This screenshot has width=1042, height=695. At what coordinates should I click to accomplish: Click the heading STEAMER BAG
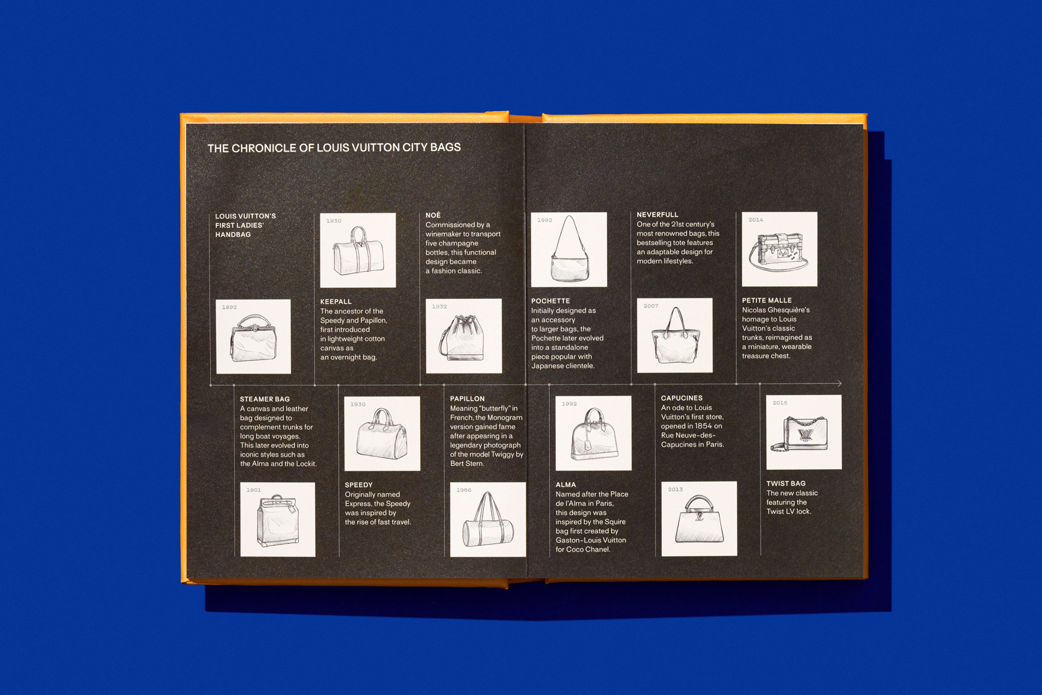(265, 399)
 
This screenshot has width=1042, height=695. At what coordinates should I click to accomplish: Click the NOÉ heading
(433, 215)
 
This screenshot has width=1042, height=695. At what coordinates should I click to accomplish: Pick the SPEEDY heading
(359, 485)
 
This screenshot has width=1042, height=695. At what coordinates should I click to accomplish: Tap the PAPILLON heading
(467, 399)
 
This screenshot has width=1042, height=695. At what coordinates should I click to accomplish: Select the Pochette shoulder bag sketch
(569, 250)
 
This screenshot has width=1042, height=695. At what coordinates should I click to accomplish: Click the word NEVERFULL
(657, 214)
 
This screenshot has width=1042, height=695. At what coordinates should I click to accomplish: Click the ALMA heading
(566, 485)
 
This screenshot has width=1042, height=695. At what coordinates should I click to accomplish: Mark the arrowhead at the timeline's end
(840, 383)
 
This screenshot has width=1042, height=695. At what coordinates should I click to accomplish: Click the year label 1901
(253, 490)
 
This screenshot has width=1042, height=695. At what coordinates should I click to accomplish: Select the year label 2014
(755, 220)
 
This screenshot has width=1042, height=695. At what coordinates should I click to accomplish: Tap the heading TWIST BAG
(786, 483)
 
